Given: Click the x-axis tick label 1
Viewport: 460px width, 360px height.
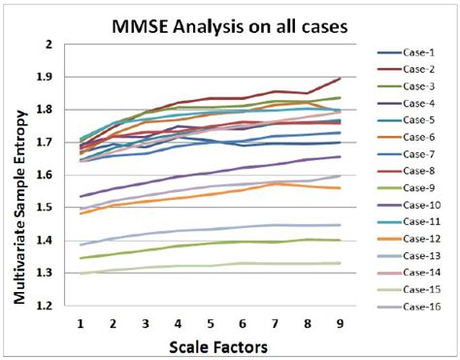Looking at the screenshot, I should pos(82,321).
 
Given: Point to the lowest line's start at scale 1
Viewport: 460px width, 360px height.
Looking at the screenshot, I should pos(82,273).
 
